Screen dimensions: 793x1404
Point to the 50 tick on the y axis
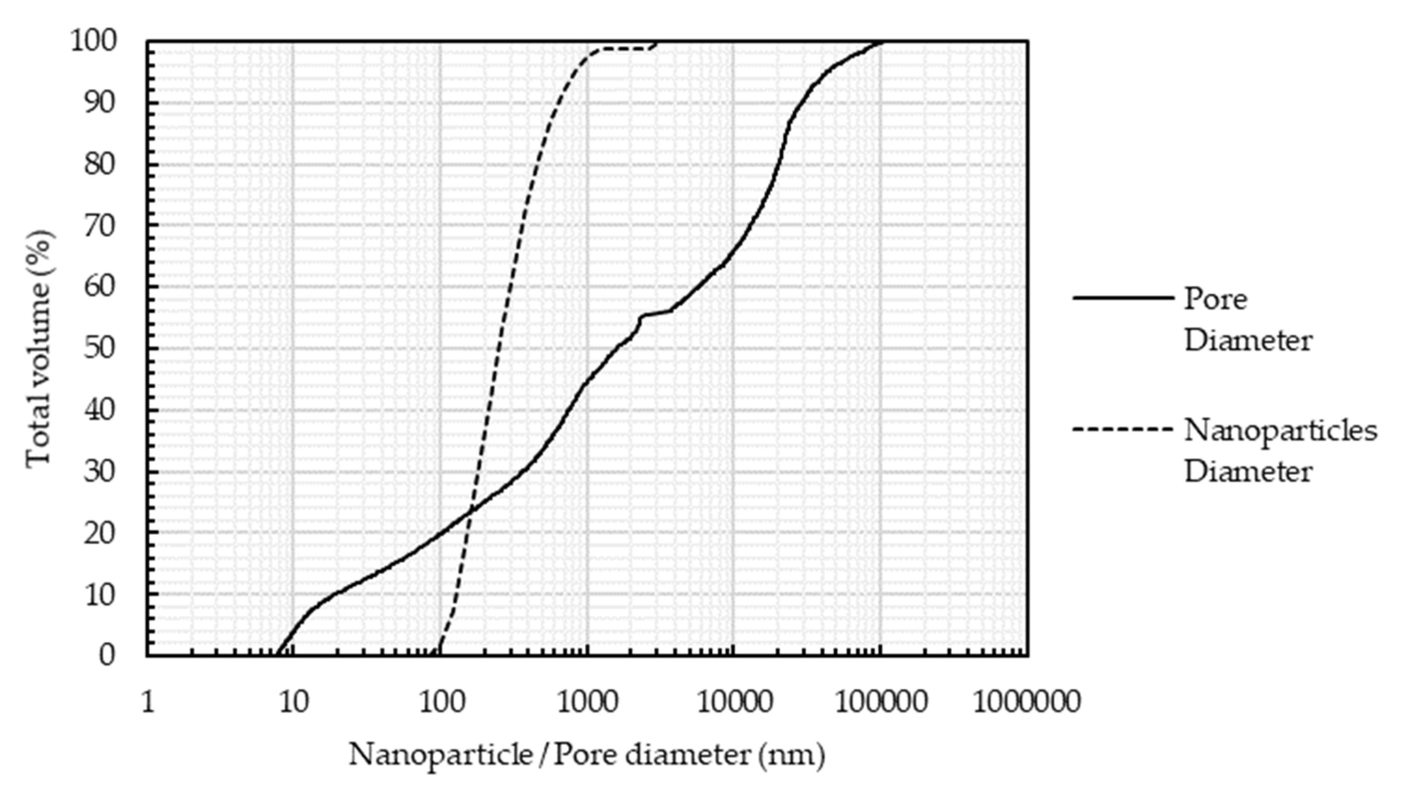tap(100, 348)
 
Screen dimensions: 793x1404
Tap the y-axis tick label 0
tap(108, 655)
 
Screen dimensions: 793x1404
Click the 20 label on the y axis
tap(100, 532)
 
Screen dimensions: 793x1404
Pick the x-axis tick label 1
tap(148, 702)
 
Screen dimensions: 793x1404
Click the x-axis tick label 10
tap(294, 702)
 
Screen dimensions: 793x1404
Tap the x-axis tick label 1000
tap(587, 702)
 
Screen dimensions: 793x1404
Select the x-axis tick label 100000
tap(880, 702)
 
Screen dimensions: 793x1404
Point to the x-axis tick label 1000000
tap(1026, 702)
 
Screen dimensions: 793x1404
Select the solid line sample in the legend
tap(1123, 298)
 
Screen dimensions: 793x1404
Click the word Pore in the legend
tap(1215, 299)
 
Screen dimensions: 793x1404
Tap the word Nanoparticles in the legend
tap(1280, 431)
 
